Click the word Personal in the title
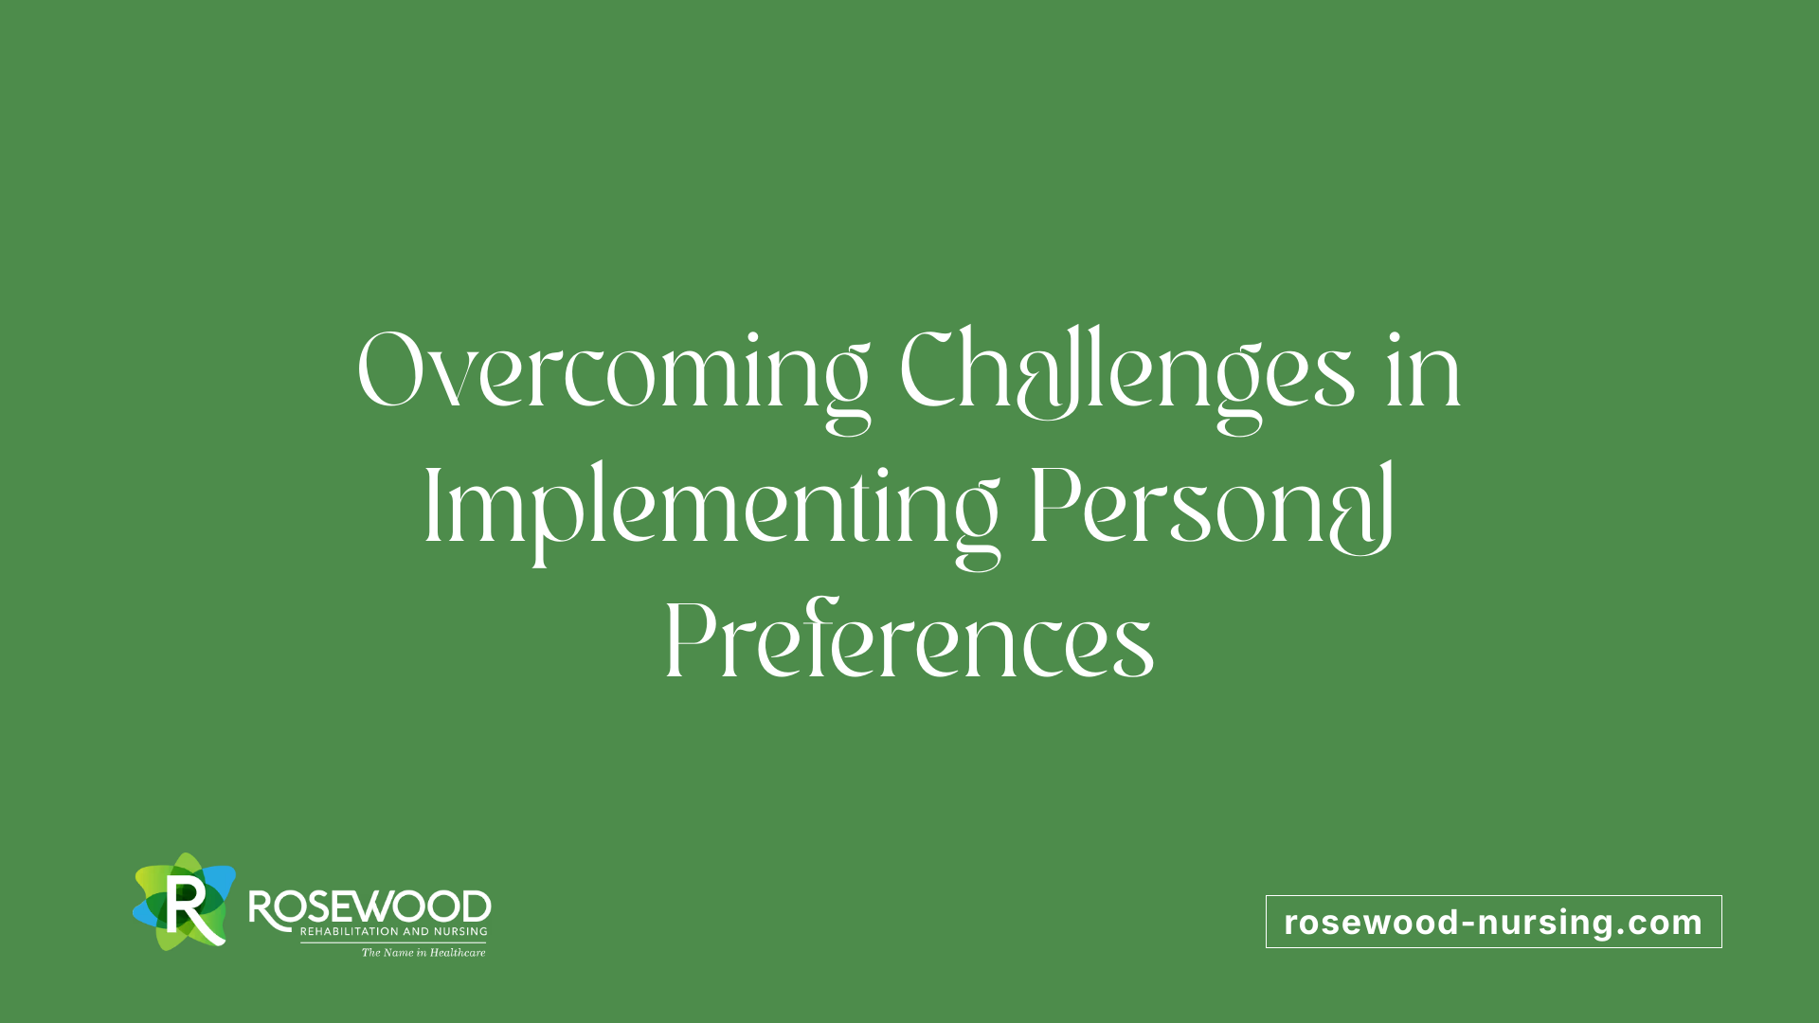1213,508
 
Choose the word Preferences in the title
909,639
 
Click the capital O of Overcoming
389,369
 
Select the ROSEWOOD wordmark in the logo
369,907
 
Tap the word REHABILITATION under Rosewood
350,932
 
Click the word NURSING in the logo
460,932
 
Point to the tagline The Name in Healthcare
423,953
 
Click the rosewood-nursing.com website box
1494,922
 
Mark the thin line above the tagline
393,942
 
